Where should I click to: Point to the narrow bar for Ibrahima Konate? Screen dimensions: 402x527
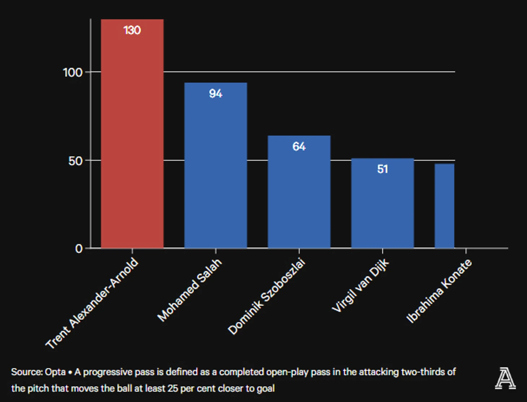pos(444,206)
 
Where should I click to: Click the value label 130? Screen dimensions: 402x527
pos(132,30)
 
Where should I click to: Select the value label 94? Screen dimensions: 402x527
pos(215,94)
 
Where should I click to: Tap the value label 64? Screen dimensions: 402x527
pos(299,147)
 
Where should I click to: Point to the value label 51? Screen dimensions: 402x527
pos(382,169)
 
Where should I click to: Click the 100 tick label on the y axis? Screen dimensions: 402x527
pos(73,73)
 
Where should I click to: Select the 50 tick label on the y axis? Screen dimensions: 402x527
pos(75,161)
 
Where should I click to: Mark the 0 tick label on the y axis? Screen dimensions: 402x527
pos(79,249)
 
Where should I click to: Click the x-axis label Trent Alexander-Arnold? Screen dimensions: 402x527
pos(92,303)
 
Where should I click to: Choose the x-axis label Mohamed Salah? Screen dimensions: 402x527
pos(190,290)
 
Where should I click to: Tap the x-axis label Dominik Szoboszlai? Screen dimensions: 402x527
pos(267,297)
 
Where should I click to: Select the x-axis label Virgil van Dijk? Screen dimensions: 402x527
pos(361,285)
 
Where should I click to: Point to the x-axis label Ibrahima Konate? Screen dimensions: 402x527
pos(439,291)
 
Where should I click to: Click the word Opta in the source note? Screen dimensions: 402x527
pos(55,372)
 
